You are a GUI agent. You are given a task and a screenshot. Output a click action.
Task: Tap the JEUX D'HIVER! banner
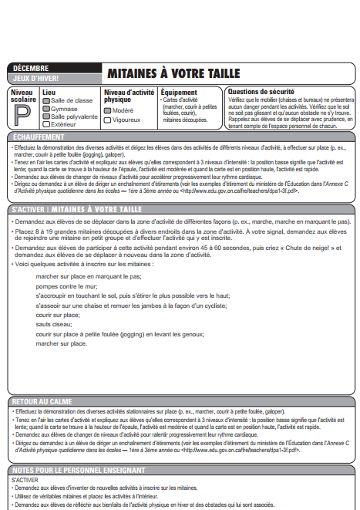(x=36, y=78)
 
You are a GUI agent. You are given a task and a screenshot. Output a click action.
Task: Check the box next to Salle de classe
(x=46, y=100)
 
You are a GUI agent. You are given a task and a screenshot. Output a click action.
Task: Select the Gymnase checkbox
(x=46, y=109)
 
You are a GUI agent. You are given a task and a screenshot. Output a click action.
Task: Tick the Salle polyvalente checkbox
(x=46, y=117)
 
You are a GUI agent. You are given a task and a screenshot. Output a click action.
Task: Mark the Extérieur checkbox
(x=46, y=124)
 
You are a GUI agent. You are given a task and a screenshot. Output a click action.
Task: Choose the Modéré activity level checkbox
(x=108, y=110)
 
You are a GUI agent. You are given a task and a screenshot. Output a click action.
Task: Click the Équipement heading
(x=179, y=91)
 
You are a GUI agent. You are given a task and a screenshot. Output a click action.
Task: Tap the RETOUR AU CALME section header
(x=42, y=402)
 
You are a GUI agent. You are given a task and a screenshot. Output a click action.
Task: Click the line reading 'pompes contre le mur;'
(x=62, y=285)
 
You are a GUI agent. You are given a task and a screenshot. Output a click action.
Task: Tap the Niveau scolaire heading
(x=22, y=96)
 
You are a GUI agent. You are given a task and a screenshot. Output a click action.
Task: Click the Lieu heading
(x=49, y=91)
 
